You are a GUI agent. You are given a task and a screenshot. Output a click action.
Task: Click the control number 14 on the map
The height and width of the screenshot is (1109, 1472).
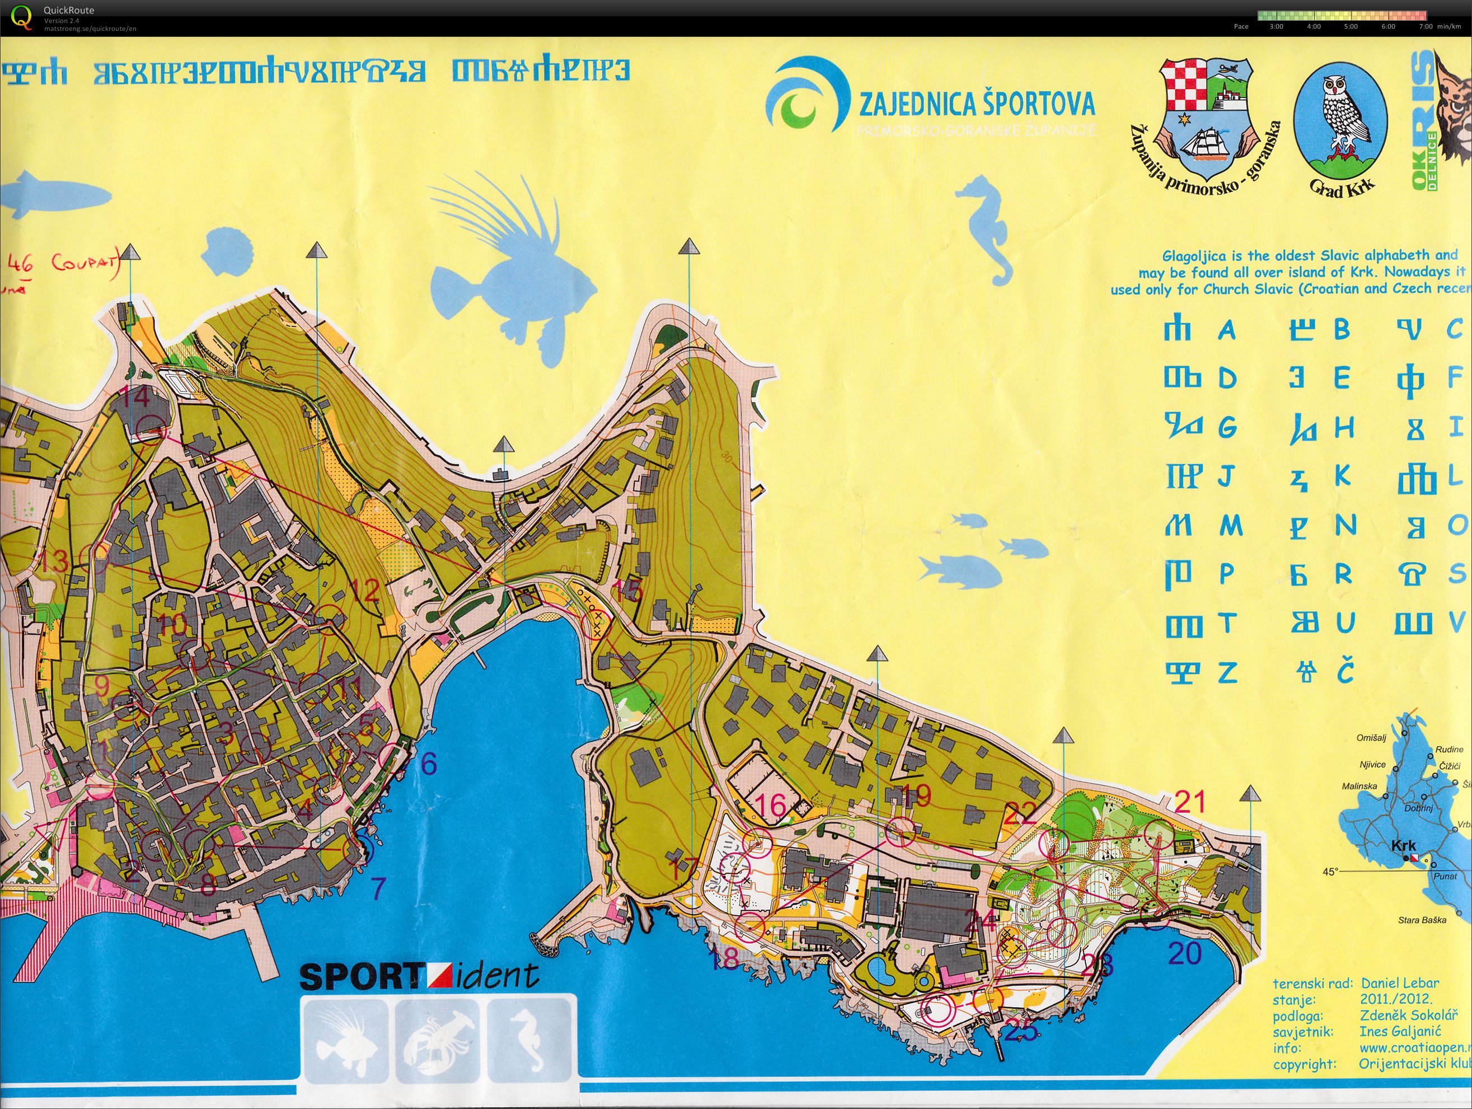[x=137, y=398]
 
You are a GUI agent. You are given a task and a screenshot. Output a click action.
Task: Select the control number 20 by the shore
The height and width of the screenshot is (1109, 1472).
[x=1185, y=954]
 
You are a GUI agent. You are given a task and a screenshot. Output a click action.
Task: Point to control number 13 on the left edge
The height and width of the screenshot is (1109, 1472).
[x=54, y=561]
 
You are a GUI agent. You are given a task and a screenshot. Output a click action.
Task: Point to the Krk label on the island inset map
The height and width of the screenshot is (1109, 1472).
[x=1404, y=845]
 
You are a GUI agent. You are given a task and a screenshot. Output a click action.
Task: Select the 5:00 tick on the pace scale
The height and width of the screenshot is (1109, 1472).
[x=1350, y=27]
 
